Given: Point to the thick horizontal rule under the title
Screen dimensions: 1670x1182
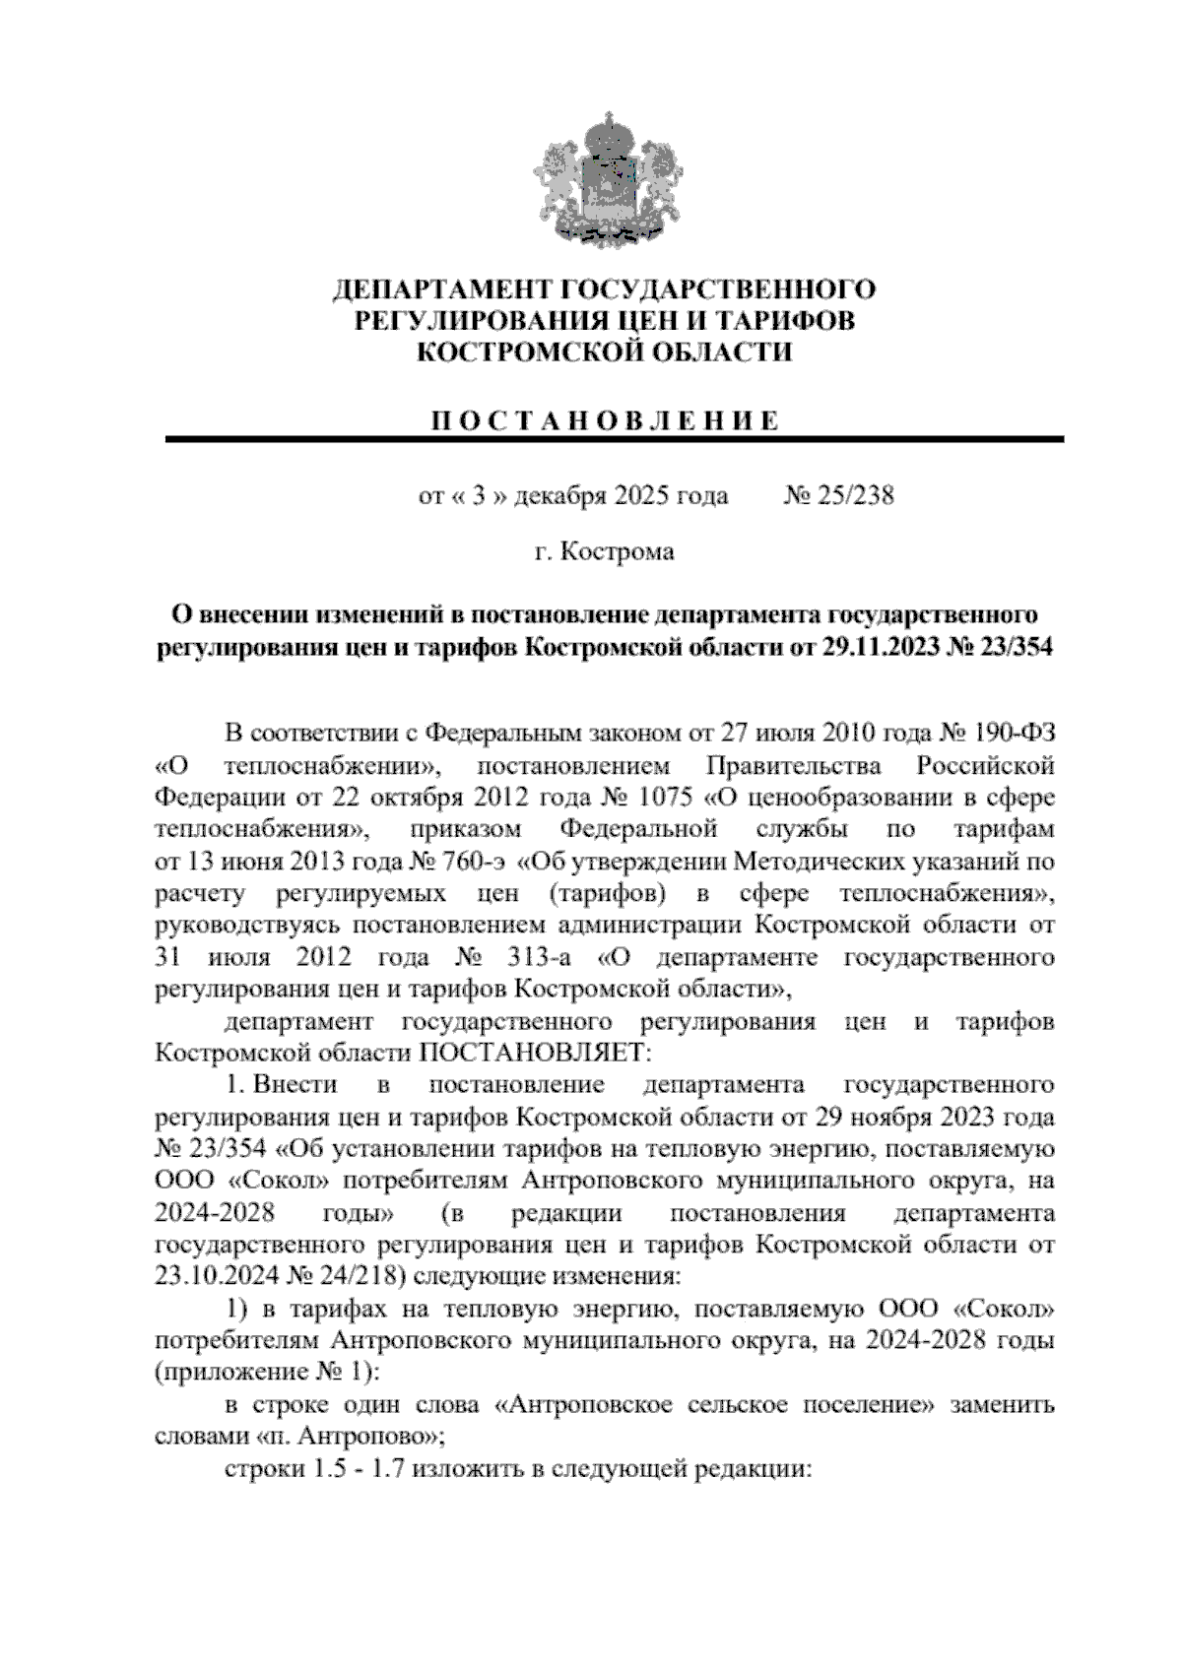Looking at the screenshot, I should pyautogui.click(x=615, y=440).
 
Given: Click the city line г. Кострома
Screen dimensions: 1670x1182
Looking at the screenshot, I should pyautogui.click(x=605, y=551).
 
